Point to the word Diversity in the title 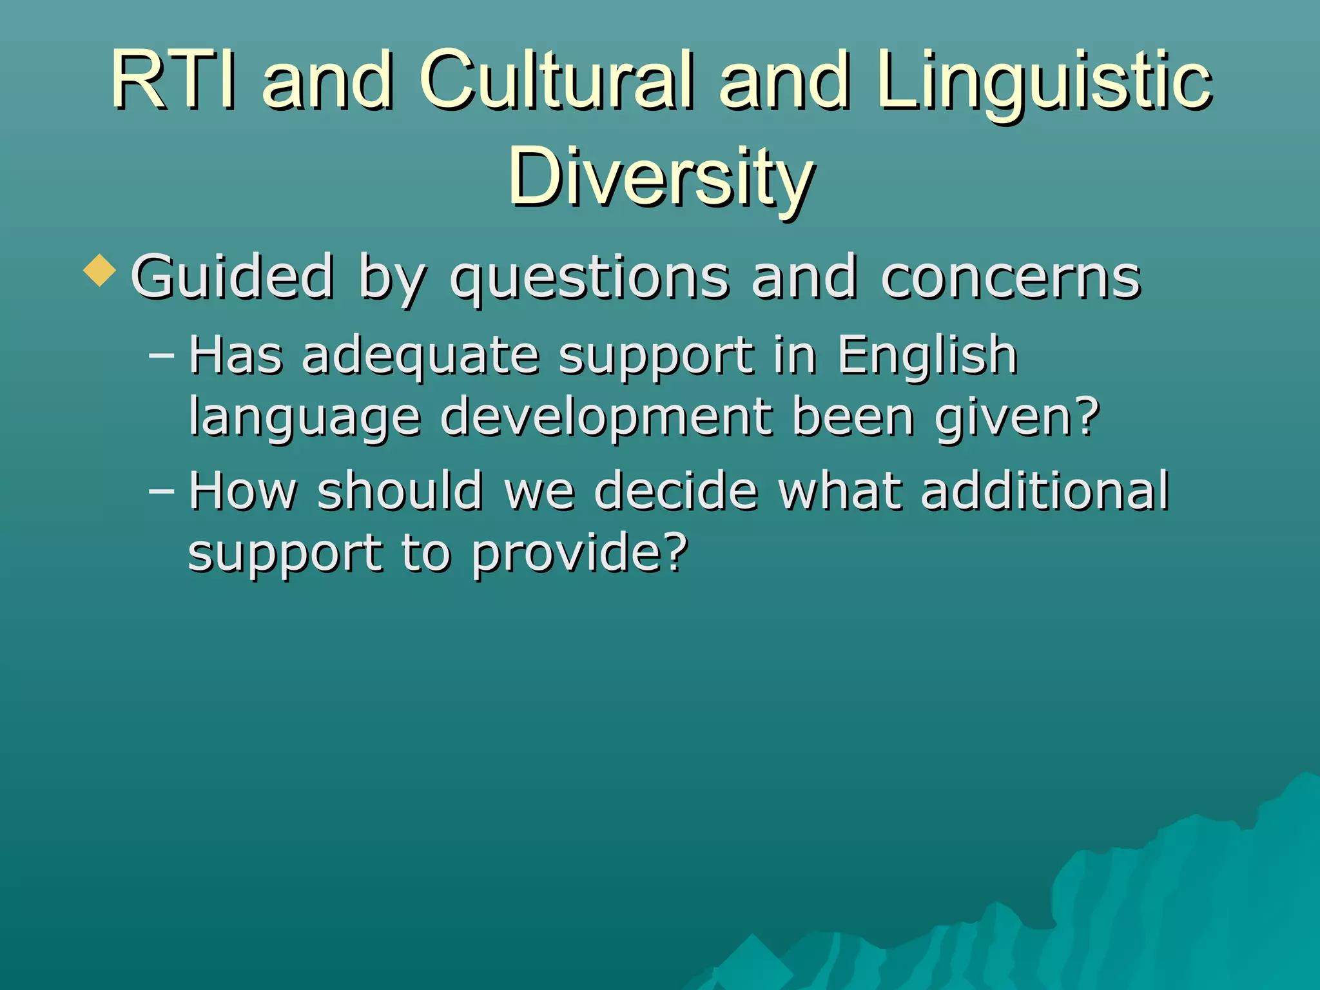[661, 177]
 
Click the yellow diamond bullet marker [100, 270]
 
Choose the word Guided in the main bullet [232, 277]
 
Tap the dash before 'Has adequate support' [161, 354]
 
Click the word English [927, 356]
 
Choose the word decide [675, 491]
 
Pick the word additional [1044, 491]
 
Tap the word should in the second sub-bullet [400, 491]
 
